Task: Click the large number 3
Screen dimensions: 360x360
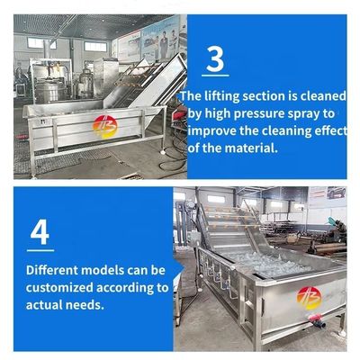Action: [215, 59]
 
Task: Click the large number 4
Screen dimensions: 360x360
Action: [40, 233]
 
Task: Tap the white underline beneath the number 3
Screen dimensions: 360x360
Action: [215, 76]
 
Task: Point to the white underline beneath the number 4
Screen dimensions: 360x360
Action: [40, 250]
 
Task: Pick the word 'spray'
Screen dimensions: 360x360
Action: [308, 114]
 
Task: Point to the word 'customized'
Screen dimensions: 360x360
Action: [59, 288]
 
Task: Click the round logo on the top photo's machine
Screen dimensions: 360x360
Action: [105, 127]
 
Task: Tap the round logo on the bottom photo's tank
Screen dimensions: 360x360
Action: [309, 298]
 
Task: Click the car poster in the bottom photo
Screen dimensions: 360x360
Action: [336, 193]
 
